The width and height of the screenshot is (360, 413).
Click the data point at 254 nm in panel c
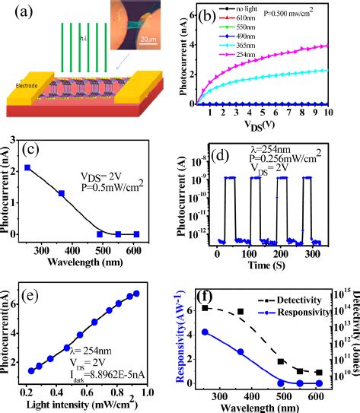[x=27, y=167]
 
